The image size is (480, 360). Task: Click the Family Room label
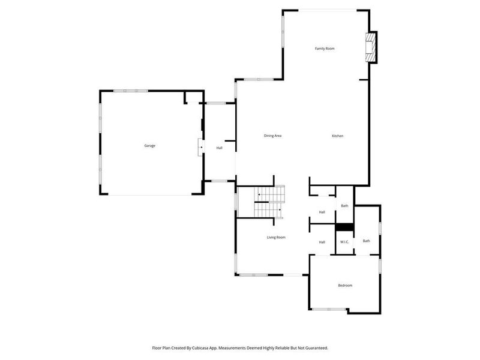coord(325,48)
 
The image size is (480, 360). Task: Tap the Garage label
coord(149,146)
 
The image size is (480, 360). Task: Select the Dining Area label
coord(273,136)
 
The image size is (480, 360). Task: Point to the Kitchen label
coord(338,136)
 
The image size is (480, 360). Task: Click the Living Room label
coord(276,238)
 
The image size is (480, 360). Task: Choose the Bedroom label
coord(345,286)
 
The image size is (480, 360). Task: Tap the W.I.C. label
coord(344,242)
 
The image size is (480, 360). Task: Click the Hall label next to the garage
coord(220,148)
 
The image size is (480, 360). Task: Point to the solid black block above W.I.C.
coord(344,227)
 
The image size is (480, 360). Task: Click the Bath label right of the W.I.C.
coord(366,241)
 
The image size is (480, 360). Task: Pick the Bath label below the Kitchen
coord(344,206)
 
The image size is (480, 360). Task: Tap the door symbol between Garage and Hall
coord(202,148)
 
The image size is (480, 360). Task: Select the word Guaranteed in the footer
coord(315,347)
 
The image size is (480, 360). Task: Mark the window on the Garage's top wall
coord(131,91)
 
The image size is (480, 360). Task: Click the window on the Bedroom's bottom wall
coord(328,309)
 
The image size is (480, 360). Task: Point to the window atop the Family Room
coord(328,10)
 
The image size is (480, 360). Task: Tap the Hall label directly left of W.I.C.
coord(322,242)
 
